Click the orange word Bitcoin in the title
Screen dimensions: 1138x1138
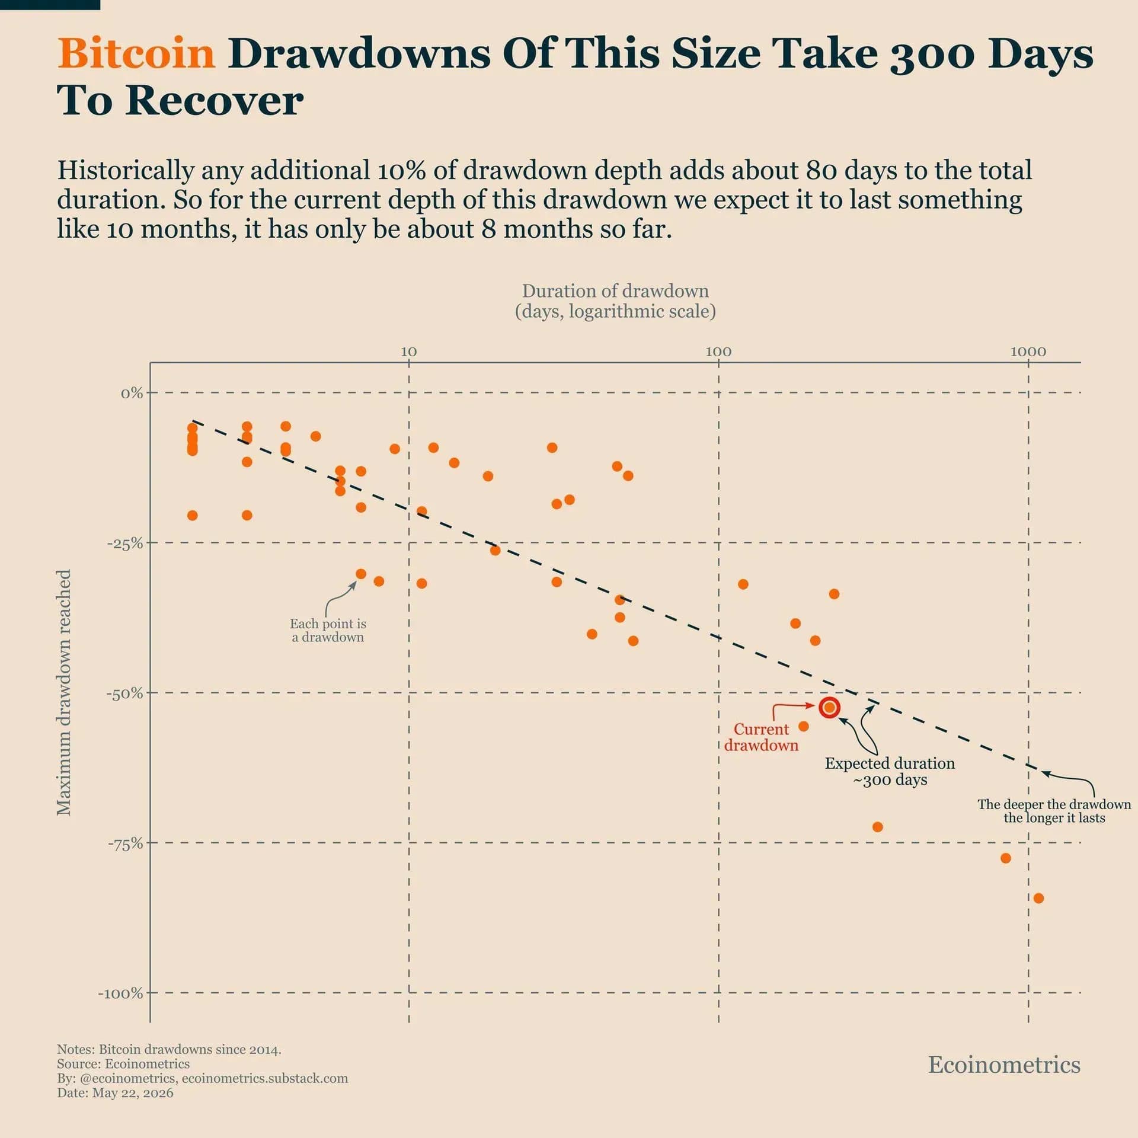pos(136,53)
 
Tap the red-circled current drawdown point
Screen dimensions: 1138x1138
pos(829,707)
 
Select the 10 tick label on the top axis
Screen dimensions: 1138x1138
pos(408,351)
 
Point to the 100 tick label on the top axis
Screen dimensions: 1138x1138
pos(718,351)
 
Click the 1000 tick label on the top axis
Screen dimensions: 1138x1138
pos(1028,351)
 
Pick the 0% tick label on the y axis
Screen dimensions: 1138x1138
pos(132,393)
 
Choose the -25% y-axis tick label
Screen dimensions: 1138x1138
pos(125,544)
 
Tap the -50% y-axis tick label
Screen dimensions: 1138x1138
pos(125,693)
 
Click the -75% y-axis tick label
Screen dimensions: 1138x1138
pos(125,844)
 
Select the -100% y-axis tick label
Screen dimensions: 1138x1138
pos(121,993)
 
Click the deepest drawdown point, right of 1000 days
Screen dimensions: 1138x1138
pos(1038,898)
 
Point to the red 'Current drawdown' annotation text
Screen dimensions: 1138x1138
pos(762,737)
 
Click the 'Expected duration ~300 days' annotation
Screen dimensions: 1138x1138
pos(890,771)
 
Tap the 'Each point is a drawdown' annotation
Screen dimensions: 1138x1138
pos(328,630)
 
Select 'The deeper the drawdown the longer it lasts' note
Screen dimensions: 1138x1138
pos(1054,811)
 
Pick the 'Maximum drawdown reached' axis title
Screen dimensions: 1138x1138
pos(64,692)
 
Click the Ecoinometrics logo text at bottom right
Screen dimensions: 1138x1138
pos(1004,1065)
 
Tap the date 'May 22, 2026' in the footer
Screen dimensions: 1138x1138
pos(133,1093)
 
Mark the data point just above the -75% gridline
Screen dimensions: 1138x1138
pos(878,827)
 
